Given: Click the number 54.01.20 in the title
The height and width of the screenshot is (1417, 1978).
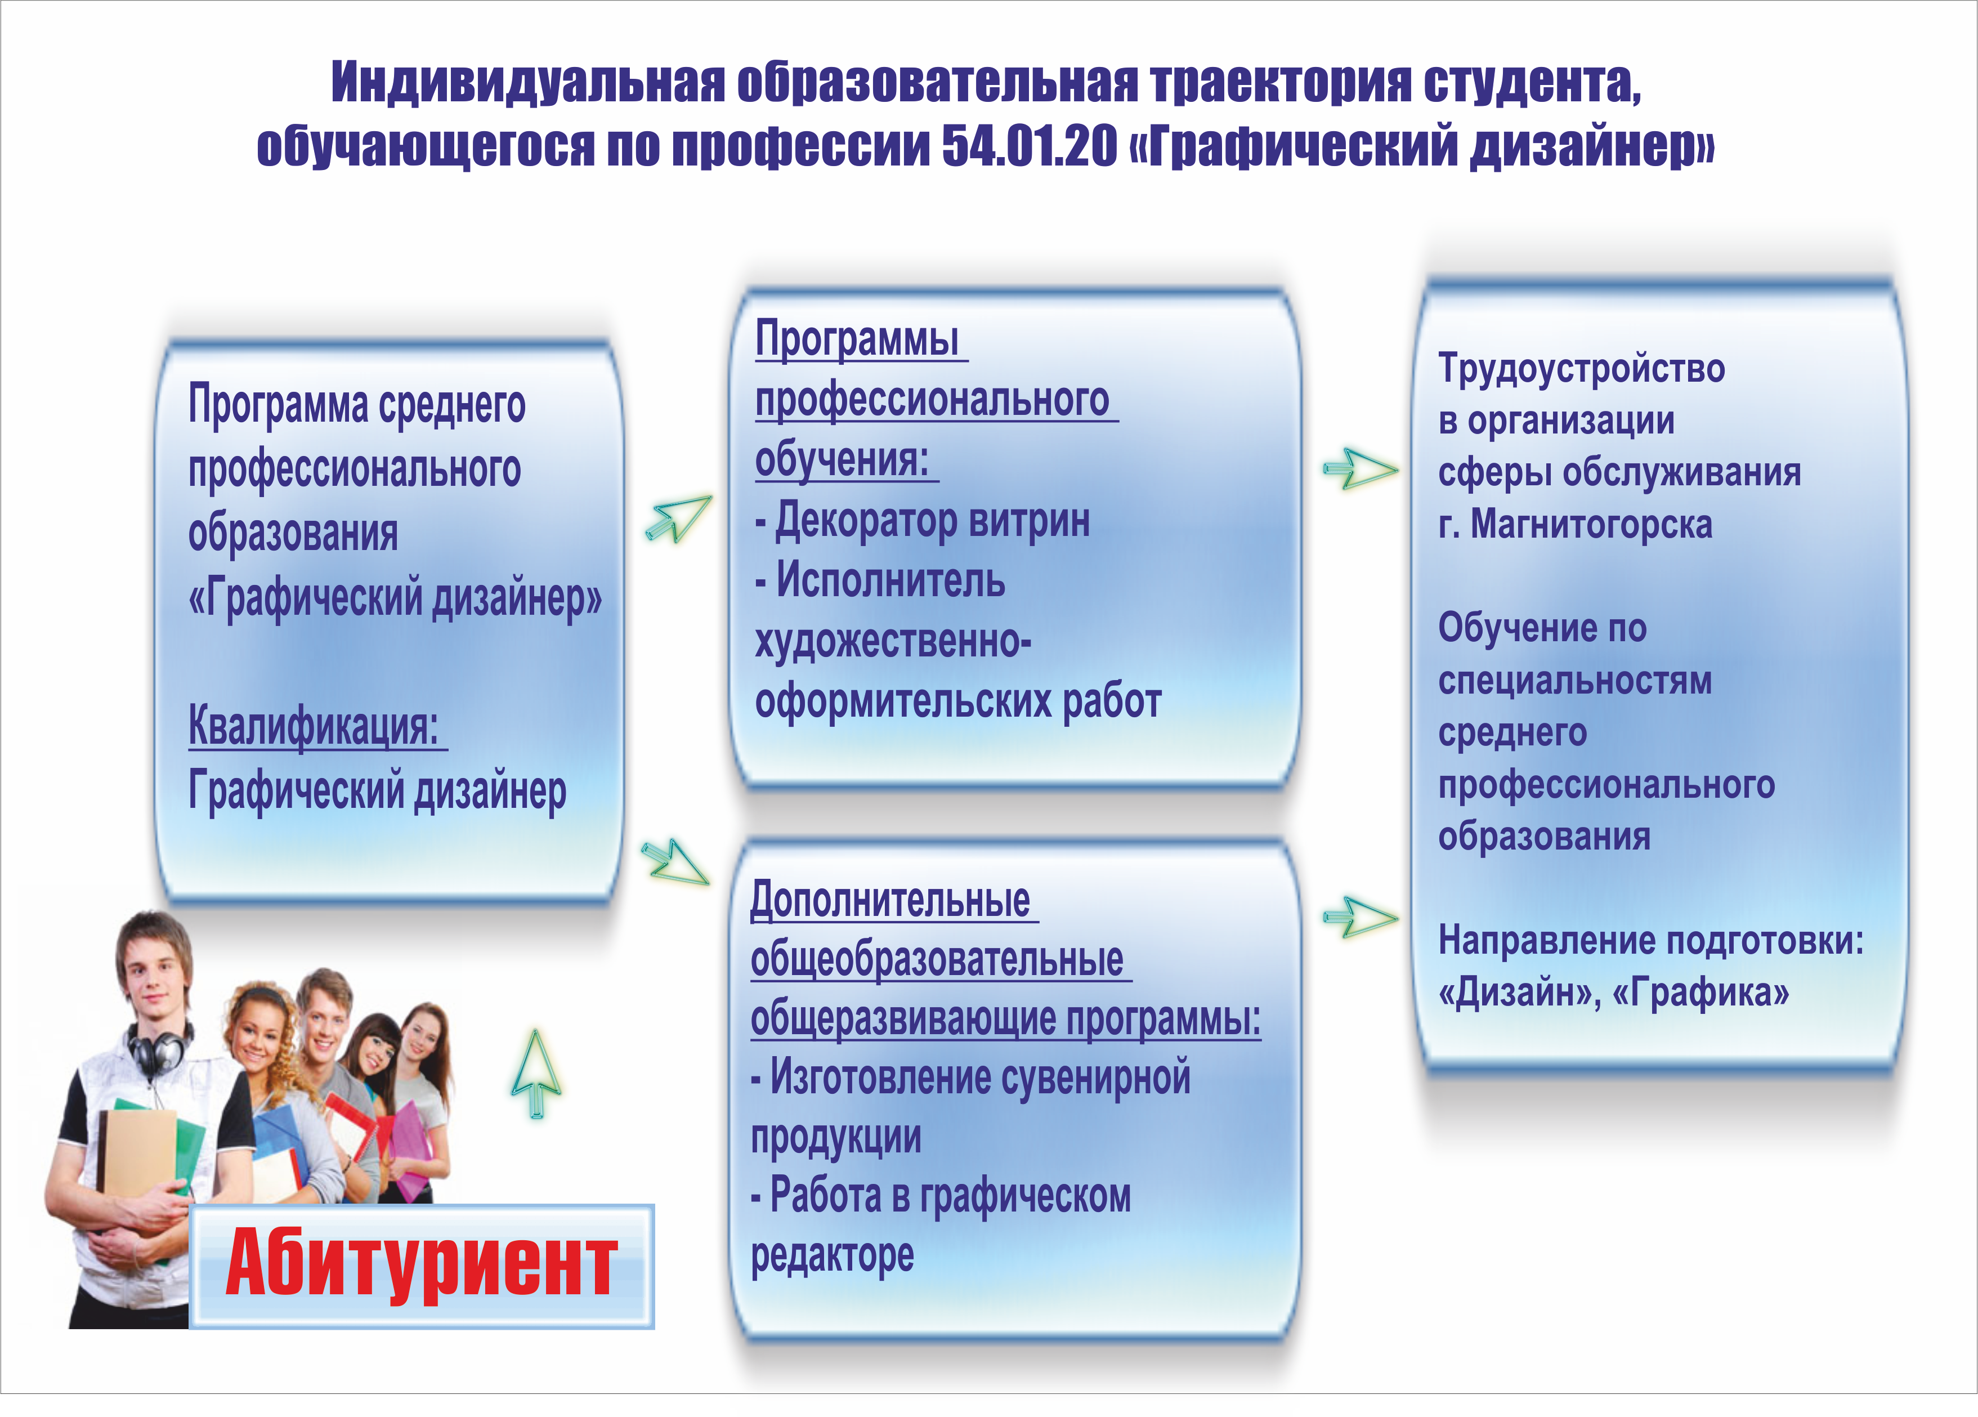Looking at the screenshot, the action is [x=1029, y=146].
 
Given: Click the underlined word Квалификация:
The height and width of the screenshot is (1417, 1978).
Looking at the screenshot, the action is [x=314, y=726].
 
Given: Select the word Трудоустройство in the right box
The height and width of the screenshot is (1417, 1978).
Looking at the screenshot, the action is [x=1581, y=369].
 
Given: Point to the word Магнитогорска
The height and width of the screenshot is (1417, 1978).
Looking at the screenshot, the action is [x=1592, y=524].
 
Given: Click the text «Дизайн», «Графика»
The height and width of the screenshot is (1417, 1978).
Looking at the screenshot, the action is [x=1613, y=993].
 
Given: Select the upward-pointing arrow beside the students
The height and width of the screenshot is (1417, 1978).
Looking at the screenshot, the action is [x=536, y=1074].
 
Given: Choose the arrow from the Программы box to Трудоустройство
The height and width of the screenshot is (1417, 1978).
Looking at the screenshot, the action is [x=1361, y=469].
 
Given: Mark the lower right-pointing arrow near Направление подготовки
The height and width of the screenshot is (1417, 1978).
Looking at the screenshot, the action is [x=1361, y=917].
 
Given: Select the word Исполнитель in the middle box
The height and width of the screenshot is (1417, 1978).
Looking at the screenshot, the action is [x=890, y=581].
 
